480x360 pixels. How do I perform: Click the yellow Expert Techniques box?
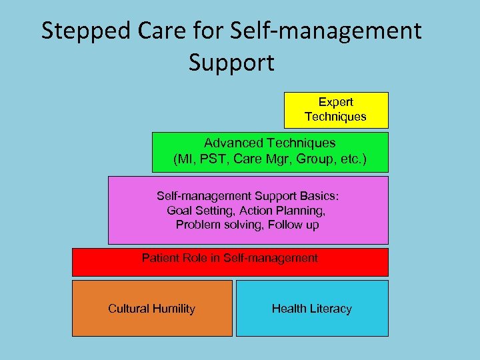tap(336, 110)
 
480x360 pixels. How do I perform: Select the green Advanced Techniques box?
tap(269, 152)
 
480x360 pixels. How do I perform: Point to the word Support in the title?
tap(231, 63)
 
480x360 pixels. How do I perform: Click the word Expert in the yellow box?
tap(336, 102)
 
